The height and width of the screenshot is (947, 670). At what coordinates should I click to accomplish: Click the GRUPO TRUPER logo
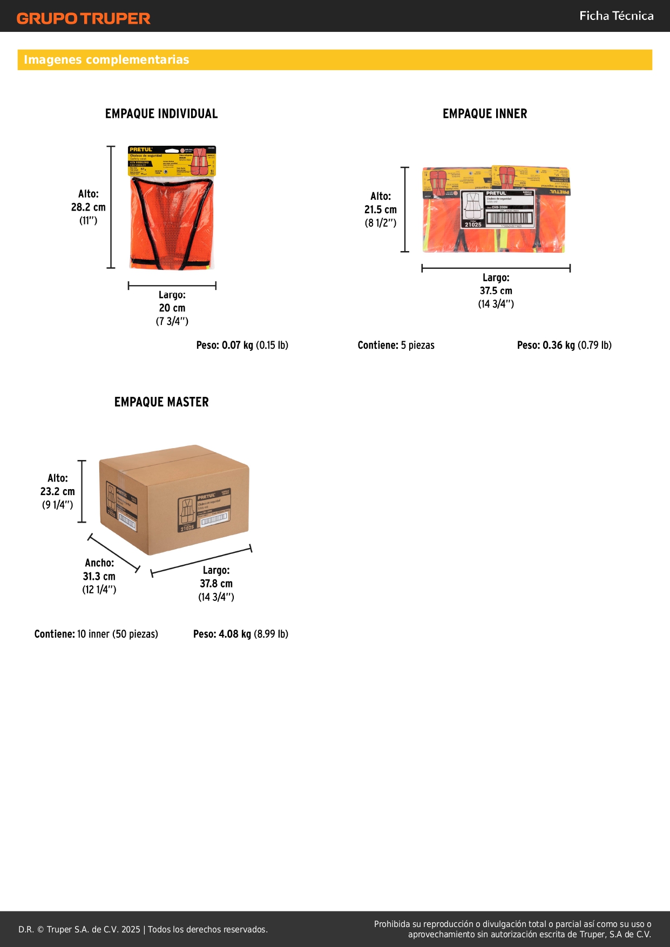click(x=83, y=18)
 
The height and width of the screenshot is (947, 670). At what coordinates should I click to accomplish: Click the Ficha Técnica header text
click(x=616, y=16)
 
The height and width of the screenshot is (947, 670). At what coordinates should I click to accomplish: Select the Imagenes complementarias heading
click(x=106, y=60)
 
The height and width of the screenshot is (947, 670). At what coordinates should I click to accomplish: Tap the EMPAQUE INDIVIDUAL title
click(x=161, y=114)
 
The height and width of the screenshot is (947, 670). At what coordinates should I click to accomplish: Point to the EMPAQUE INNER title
click(x=485, y=114)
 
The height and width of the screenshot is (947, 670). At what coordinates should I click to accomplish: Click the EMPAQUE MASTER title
click(x=161, y=402)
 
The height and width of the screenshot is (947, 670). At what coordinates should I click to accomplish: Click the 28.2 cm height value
click(x=89, y=207)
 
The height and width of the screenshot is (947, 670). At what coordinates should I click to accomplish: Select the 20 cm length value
click(x=172, y=308)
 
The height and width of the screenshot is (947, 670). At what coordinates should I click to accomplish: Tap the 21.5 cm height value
click(x=381, y=209)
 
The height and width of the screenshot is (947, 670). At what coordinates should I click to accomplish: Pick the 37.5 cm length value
click(x=496, y=290)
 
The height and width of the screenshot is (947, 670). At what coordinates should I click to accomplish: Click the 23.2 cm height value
click(x=58, y=491)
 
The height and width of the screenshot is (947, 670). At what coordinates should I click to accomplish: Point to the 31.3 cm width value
click(x=99, y=576)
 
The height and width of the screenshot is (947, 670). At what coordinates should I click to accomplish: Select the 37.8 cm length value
click(x=216, y=584)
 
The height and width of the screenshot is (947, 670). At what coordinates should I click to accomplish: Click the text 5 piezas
click(x=417, y=345)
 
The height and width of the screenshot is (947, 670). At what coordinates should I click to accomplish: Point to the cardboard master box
click(x=174, y=499)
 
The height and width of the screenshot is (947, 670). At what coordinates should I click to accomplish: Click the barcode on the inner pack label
click(x=510, y=218)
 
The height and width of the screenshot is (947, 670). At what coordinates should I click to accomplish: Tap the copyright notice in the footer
click(x=143, y=929)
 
